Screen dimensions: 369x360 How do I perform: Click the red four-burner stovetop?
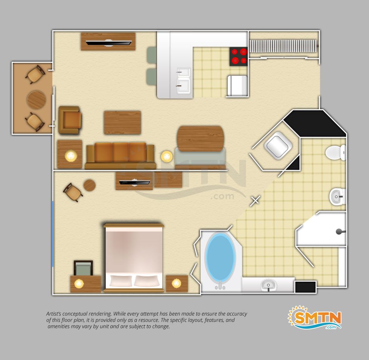[239, 56]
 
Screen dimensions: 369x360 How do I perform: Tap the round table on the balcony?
[37, 99]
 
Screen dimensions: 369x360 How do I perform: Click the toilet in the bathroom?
[335, 153]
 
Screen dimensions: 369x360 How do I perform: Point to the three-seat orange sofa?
[120, 156]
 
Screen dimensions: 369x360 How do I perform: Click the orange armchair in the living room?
[70, 120]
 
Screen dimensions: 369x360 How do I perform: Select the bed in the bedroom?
[134, 258]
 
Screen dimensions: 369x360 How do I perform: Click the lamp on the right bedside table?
[176, 283]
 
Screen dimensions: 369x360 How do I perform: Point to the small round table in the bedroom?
[90, 185]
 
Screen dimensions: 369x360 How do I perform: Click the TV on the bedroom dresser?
[134, 183]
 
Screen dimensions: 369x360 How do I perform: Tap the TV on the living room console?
[108, 43]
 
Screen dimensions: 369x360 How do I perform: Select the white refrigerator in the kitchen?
[237, 86]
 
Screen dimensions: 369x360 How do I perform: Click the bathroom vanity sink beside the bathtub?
[268, 285]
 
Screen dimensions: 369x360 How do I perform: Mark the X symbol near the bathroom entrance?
[255, 201]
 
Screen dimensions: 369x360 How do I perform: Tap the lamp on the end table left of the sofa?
[71, 156]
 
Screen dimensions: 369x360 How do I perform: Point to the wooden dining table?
[200, 139]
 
